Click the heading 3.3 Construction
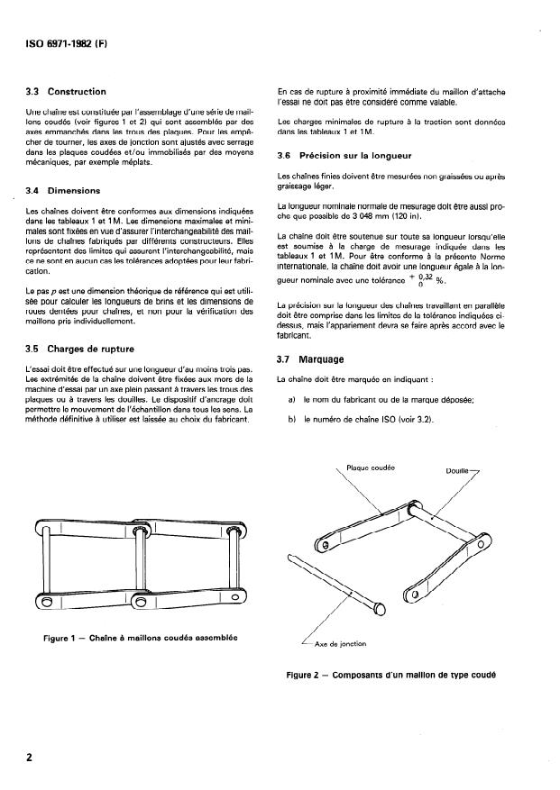pos(67,92)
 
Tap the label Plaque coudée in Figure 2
pos(372,468)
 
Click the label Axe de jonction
pos(342,645)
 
